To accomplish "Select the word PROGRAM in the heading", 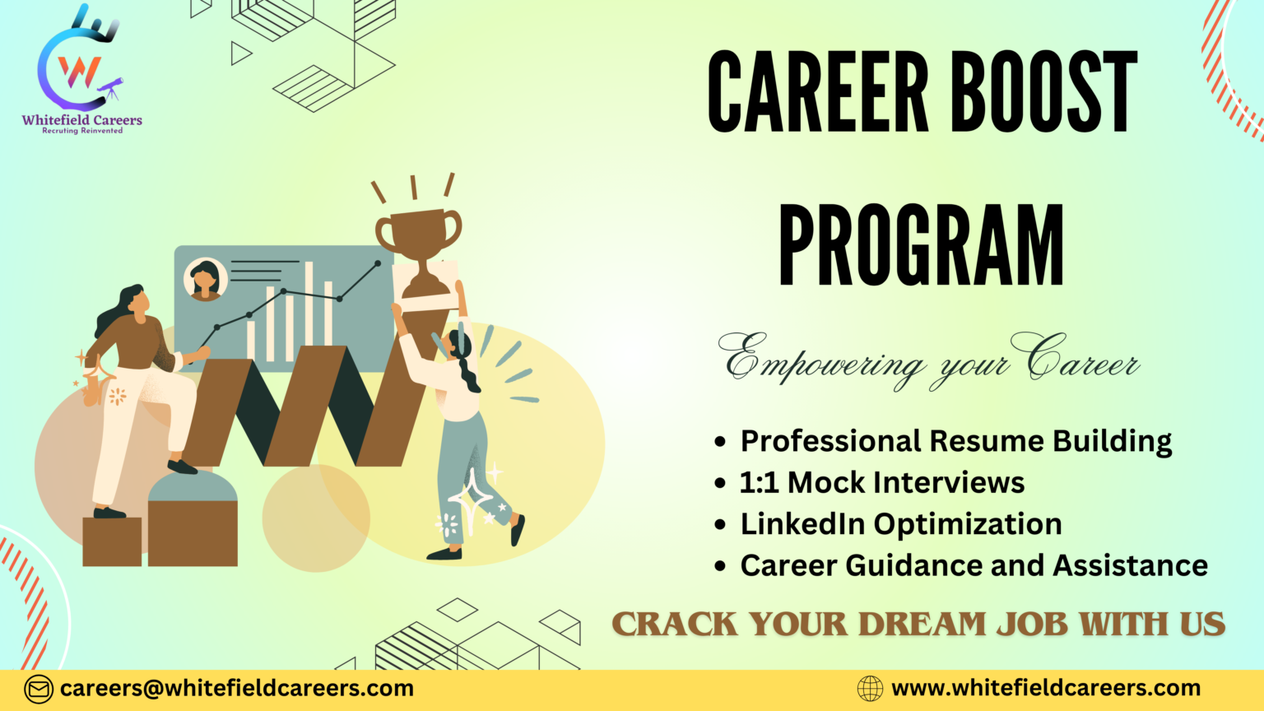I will tap(921, 245).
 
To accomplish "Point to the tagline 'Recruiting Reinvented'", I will tap(82, 131).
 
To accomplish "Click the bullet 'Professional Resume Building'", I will tap(955, 441).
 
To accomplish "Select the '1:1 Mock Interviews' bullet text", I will tap(881, 482).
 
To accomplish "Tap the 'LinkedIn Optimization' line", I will tap(900, 524).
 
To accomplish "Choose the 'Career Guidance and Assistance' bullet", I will tap(974, 565).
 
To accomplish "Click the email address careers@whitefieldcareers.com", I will tap(237, 688).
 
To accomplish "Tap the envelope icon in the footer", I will tap(38, 689).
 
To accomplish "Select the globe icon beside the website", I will tap(870, 688).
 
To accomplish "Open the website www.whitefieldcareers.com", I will tap(1046, 688).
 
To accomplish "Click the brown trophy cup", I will tap(419, 235).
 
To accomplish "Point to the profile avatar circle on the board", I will tap(205, 279).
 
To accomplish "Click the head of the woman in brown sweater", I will tap(134, 301).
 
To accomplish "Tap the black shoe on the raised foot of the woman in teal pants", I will tap(517, 530).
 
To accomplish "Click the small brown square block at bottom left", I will tap(112, 541).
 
